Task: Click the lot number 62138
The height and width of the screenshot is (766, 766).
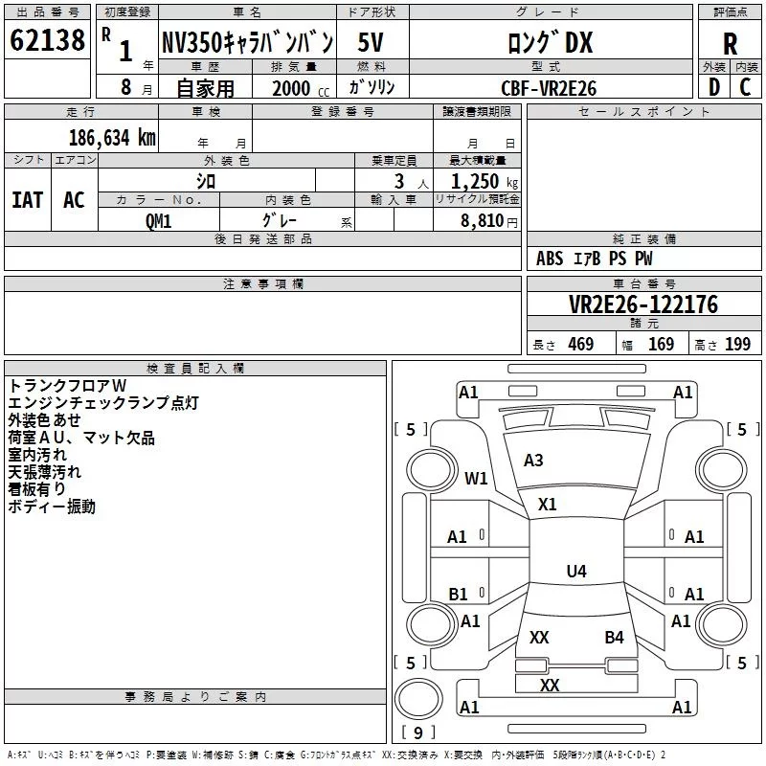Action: (x=47, y=40)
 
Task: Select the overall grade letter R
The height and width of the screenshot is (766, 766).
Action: (x=730, y=44)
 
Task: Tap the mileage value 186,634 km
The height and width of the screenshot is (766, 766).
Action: (x=112, y=138)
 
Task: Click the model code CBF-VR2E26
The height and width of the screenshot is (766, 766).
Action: (x=549, y=88)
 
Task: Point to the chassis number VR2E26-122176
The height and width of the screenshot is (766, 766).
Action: (x=643, y=304)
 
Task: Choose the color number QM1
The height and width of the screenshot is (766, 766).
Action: (x=158, y=221)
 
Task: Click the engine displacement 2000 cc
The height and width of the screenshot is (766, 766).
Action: (x=301, y=88)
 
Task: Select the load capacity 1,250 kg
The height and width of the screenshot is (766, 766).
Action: (x=484, y=182)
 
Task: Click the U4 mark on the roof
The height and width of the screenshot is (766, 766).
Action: (x=576, y=571)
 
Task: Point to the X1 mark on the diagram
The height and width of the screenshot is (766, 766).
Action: (x=547, y=505)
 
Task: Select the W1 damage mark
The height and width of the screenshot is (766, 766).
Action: (x=476, y=478)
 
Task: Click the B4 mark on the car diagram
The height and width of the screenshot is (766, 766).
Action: (x=614, y=638)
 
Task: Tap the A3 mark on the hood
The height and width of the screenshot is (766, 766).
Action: (x=533, y=461)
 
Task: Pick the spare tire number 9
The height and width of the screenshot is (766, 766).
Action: (x=418, y=732)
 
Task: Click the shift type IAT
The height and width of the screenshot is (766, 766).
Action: (x=28, y=200)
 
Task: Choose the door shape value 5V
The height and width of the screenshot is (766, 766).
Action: (x=371, y=42)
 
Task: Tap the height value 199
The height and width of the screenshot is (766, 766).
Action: (x=737, y=344)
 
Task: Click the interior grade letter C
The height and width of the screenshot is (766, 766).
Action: (x=745, y=87)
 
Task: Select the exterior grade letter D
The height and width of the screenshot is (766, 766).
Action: (x=714, y=87)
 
